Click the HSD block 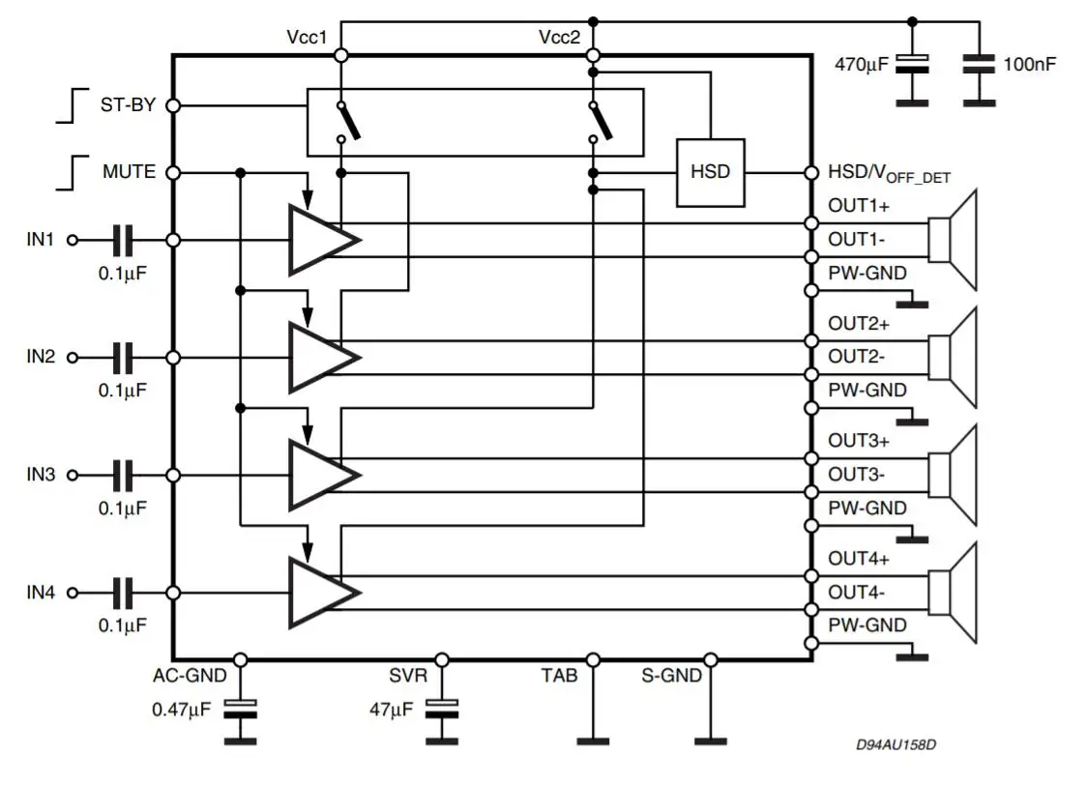click(710, 173)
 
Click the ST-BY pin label click(129, 104)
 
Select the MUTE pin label click(129, 172)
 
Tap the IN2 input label click(41, 357)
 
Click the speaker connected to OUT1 click(954, 239)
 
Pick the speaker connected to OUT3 click(954, 474)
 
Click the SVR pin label click(408, 676)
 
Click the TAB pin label click(559, 676)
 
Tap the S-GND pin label click(672, 676)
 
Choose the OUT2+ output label click(859, 323)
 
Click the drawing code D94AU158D click(895, 745)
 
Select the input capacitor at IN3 click(123, 475)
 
